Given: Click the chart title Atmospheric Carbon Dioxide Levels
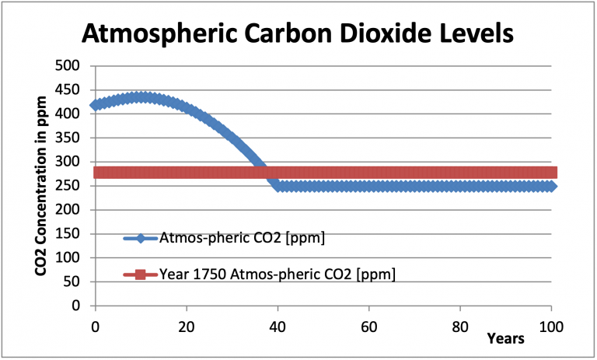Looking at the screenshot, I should [298, 34].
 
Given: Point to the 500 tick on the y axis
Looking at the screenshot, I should [71, 66].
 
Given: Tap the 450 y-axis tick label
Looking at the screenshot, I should [71, 90].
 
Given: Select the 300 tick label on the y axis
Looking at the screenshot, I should [71, 162].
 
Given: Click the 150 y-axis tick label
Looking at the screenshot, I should [71, 234].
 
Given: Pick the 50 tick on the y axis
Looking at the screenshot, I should [75, 281].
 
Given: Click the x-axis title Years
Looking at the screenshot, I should [506, 338].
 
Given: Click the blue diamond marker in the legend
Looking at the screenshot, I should [140, 238].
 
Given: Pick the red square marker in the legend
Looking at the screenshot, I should [140, 274].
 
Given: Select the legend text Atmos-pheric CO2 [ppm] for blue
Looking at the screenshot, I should [241, 238].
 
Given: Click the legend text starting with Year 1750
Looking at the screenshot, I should [276, 274].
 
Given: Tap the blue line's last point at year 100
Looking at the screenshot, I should [551, 186].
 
